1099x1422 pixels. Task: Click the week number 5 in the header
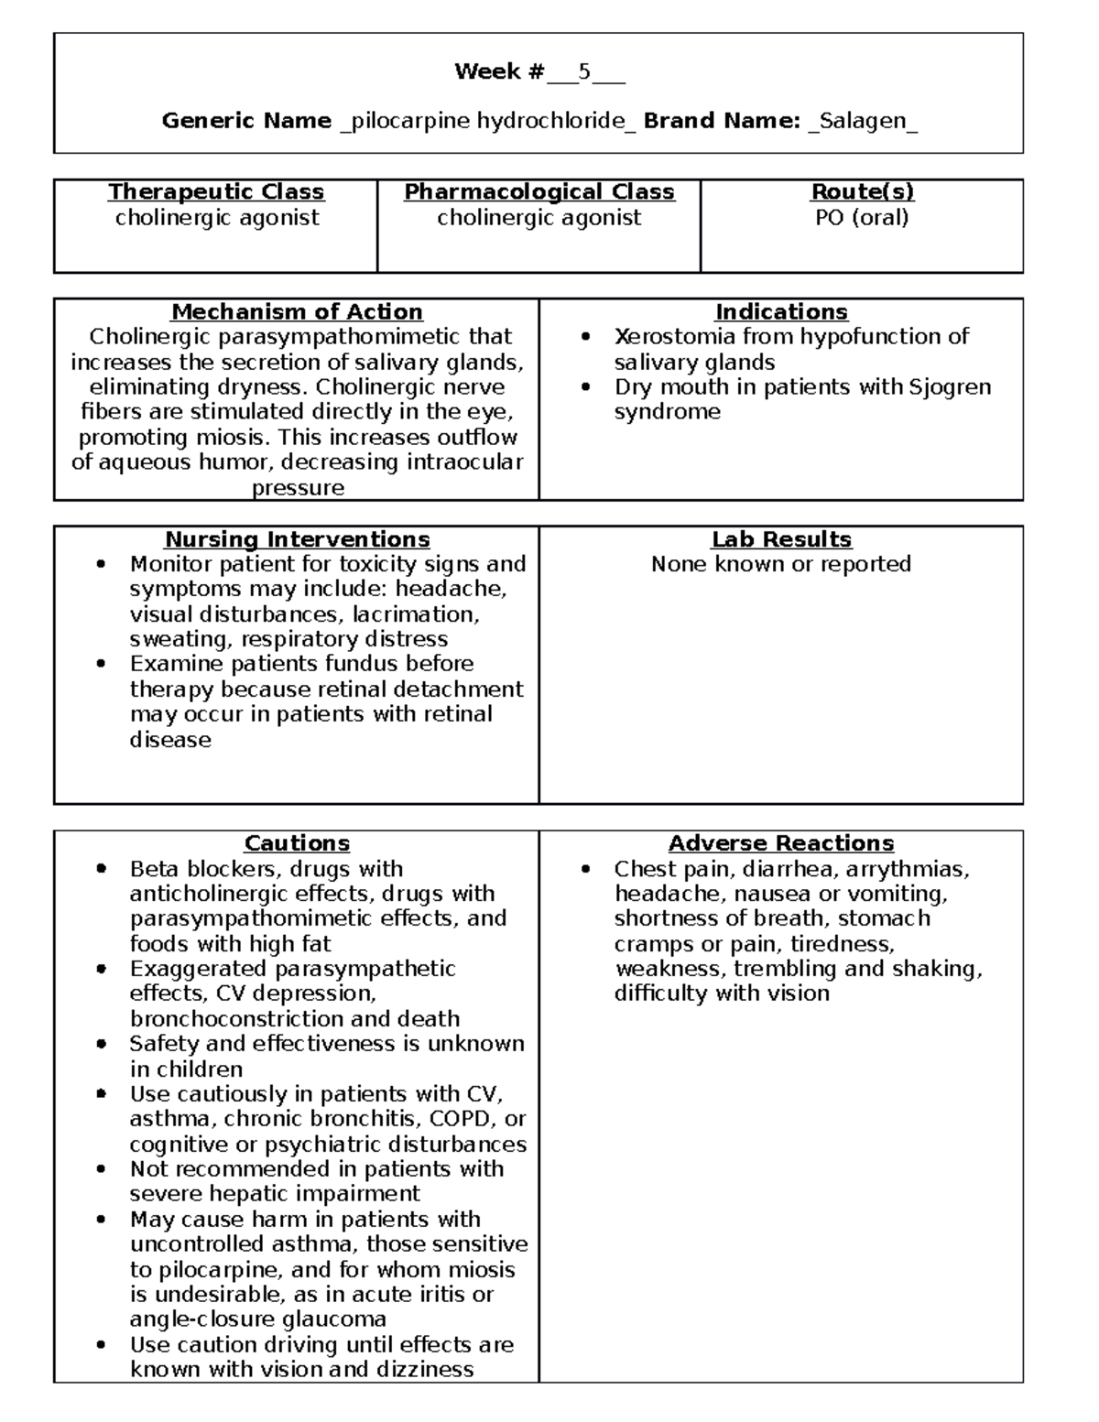(x=583, y=71)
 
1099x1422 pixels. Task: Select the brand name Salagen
(x=863, y=121)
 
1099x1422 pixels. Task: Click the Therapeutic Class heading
(x=216, y=191)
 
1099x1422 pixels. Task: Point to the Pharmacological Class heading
(x=539, y=191)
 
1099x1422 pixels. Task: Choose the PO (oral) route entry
(x=862, y=218)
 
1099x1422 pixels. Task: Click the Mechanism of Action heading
(x=297, y=311)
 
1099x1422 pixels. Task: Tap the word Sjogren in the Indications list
(x=950, y=387)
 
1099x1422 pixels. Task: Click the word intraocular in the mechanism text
(x=465, y=462)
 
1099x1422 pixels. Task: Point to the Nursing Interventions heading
(x=297, y=539)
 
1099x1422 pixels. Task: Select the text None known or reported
(x=780, y=564)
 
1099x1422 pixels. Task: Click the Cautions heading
(x=297, y=843)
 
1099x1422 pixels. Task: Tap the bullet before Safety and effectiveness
(x=102, y=1044)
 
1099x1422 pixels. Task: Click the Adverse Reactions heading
(x=780, y=843)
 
